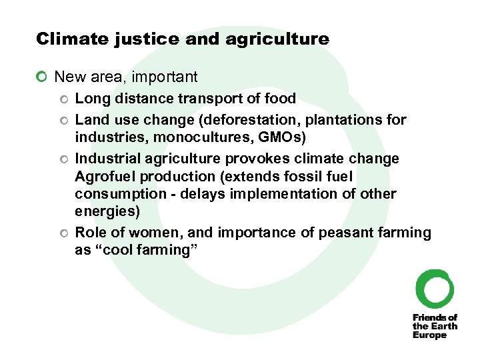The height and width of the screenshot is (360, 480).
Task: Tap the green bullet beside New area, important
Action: tap(42, 77)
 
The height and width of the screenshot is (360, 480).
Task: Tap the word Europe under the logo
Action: tap(429, 335)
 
